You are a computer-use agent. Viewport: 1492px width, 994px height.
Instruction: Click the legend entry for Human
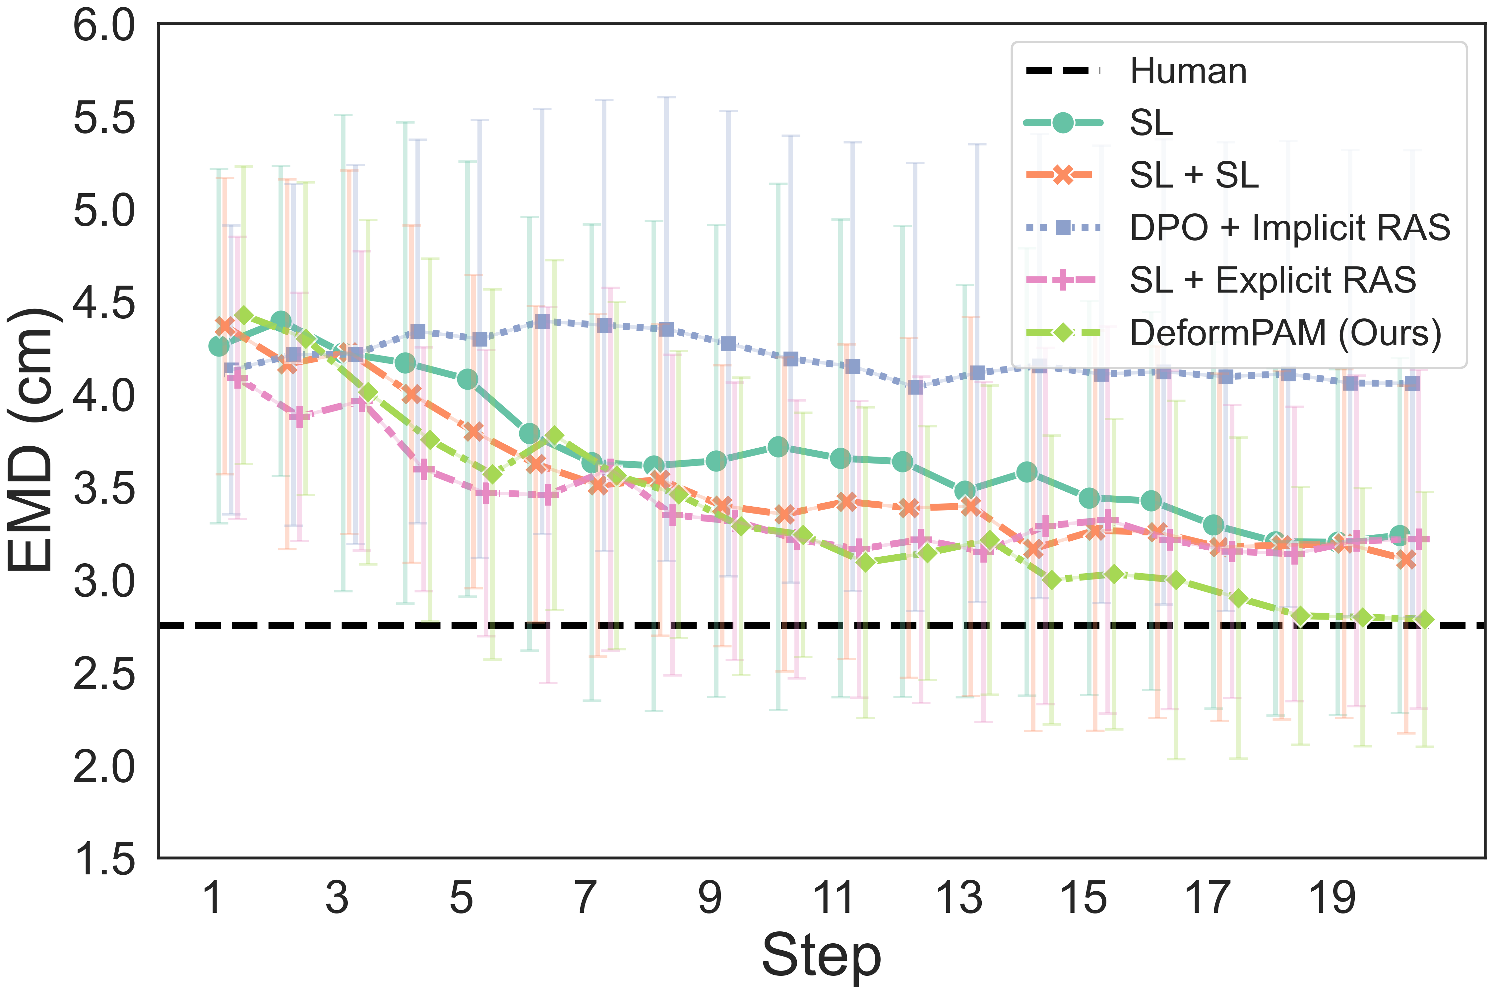pos(1188,71)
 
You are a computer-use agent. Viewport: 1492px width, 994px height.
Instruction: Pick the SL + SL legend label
pos(1194,175)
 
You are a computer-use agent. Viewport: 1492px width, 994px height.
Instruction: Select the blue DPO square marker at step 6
pos(542,321)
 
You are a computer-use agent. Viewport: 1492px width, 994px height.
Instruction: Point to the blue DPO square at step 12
pos(915,387)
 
